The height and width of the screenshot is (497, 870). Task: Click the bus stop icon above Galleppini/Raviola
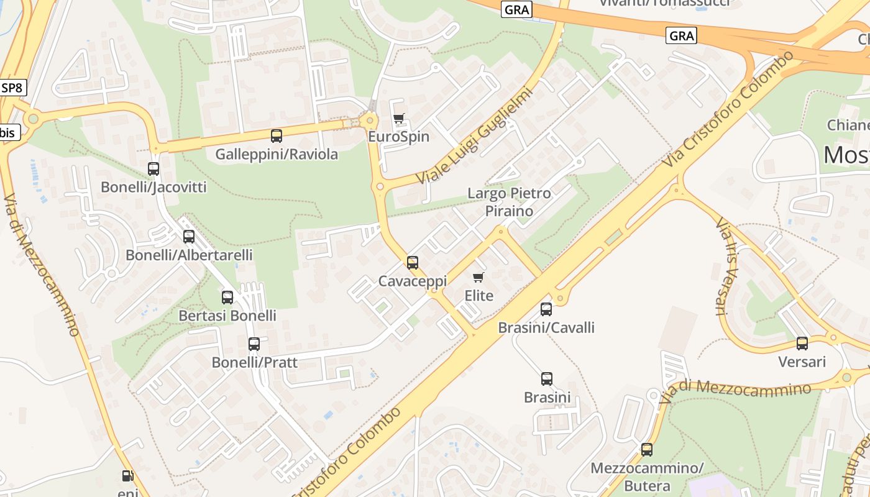(277, 135)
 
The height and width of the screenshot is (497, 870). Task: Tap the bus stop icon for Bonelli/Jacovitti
(153, 168)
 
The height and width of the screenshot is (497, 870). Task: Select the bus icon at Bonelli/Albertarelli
(189, 236)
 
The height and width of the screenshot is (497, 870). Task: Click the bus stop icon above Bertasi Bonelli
(227, 297)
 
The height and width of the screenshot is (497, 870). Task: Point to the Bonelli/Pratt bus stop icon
(254, 344)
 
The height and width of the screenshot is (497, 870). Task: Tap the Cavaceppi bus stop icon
(413, 262)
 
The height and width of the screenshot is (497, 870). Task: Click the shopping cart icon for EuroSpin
(399, 118)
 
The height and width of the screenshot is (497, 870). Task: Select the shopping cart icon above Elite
(478, 277)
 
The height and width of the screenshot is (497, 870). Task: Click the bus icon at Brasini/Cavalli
(546, 309)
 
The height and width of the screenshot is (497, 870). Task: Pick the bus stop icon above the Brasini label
(547, 378)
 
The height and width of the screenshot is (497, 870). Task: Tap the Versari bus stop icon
(802, 343)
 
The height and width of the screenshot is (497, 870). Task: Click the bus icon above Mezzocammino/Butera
(647, 449)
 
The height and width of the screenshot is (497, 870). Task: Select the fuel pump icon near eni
(127, 476)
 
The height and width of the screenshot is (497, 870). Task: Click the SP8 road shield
(12, 88)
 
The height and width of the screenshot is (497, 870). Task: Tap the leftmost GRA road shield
(516, 9)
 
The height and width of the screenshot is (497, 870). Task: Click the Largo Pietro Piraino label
(509, 202)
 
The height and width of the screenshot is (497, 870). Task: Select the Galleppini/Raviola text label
(277, 154)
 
